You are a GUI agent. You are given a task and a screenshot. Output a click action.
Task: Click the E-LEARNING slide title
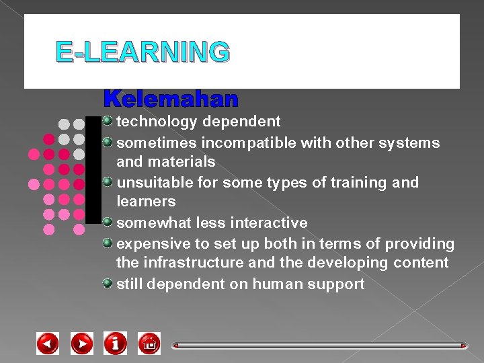[x=143, y=52]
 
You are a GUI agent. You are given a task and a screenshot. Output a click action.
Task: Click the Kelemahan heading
[x=171, y=99]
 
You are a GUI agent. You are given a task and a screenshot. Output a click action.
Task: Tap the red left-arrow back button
[x=48, y=344]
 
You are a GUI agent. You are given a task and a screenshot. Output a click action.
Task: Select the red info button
[x=116, y=344]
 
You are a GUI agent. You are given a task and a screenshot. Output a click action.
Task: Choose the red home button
[x=149, y=344]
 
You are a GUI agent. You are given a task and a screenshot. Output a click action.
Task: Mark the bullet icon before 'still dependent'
[x=108, y=283]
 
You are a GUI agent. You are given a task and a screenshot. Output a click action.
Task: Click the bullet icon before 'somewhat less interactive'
[x=108, y=222]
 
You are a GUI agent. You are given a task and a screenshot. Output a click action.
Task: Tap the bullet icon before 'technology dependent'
[x=108, y=121]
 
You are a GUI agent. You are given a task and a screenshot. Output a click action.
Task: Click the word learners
[x=146, y=202]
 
